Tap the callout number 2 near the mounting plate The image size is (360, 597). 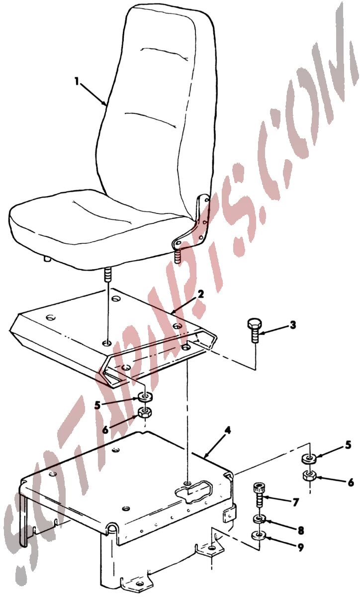(201, 295)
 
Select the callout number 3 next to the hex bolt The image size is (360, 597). (292, 325)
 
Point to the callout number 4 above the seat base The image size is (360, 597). (228, 431)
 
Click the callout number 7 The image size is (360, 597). (295, 502)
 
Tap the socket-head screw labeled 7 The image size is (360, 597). (258, 495)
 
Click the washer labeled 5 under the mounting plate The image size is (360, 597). (145, 398)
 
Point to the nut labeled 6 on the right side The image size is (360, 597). (309, 476)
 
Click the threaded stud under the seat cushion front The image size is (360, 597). (107, 275)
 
